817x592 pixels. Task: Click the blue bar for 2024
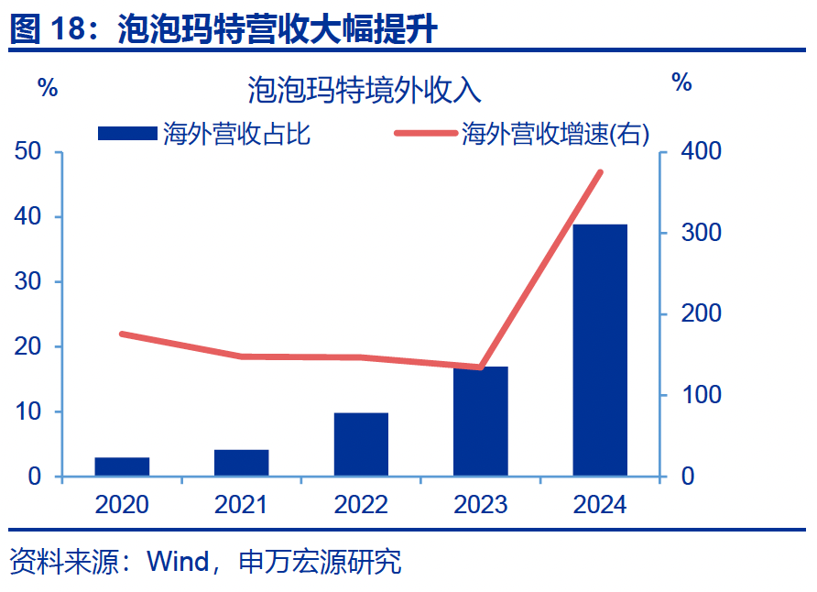point(600,350)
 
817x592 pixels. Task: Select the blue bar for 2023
point(481,422)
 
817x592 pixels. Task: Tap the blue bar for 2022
point(361,444)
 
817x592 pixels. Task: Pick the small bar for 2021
point(242,463)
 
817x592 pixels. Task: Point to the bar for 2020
point(122,466)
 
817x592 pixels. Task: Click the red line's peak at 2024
point(601,172)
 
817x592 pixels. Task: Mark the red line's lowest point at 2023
point(481,367)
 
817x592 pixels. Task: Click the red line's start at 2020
point(122,334)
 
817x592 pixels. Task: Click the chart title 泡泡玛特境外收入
point(364,91)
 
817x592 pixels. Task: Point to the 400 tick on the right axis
point(701,152)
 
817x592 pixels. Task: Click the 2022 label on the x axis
point(361,505)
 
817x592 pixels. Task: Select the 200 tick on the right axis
point(701,314)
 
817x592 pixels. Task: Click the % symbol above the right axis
point(681,82)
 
